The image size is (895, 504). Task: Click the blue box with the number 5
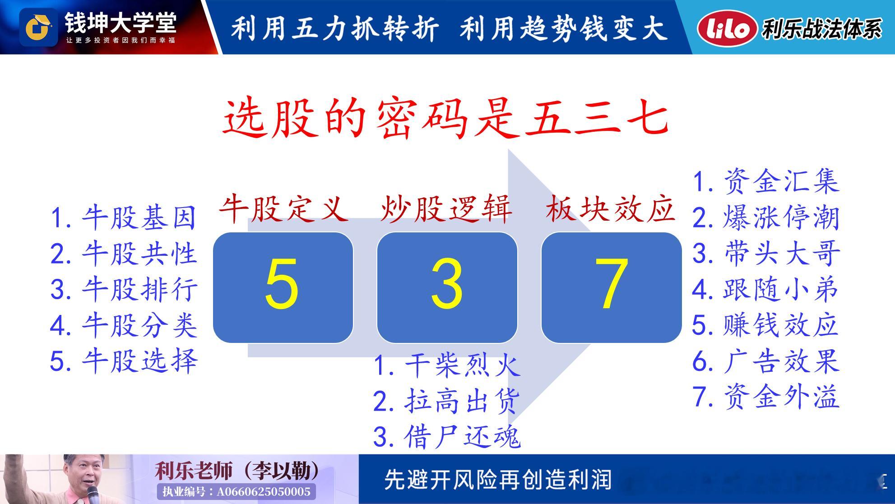point(283,287)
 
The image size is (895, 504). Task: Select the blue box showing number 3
point(447,287)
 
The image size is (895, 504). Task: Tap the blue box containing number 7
point(612,287)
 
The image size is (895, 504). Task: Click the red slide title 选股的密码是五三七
point(446,118)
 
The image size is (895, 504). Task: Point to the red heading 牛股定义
point(284,209)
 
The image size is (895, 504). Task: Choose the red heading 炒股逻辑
point(446,209)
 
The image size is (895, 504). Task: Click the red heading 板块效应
point(610,209)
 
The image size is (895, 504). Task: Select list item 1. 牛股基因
point(124,217)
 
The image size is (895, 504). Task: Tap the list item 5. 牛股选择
point(124,361)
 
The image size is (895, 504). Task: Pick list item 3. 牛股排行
point(124,289)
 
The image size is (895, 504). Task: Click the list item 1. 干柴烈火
point(447,365)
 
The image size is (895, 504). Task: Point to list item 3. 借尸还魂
point(447,437)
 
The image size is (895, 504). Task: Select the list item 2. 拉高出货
point(447,401)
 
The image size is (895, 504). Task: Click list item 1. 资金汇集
point(766,182)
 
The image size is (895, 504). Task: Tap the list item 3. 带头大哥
point(766,253)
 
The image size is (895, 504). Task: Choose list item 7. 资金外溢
point(766,397)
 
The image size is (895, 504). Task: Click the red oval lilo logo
point(727,28)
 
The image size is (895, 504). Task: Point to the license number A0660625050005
point(264,491)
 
